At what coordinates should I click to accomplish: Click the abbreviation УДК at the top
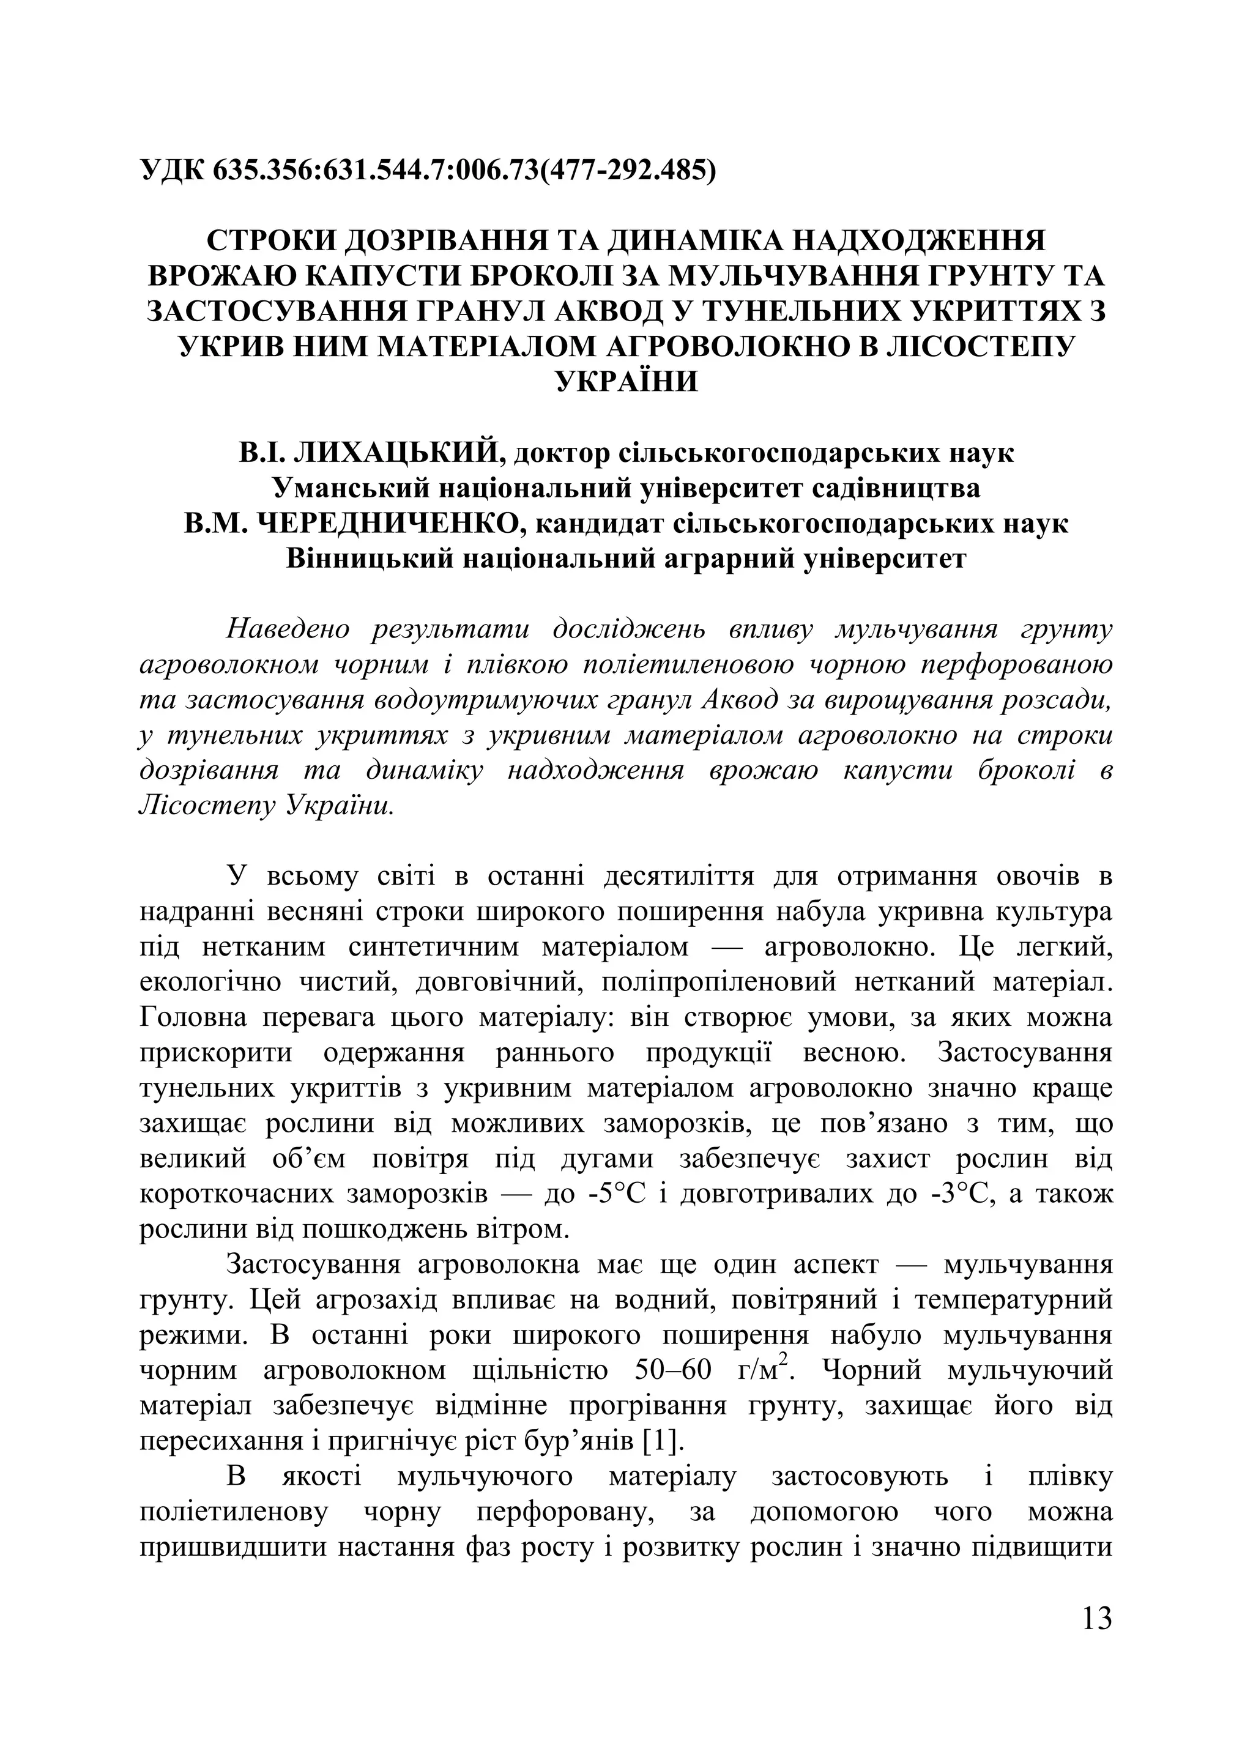[x=171, y=169]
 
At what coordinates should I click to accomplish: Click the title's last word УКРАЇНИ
[x=626, y=381]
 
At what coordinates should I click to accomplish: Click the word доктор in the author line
[x=562, y=453]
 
